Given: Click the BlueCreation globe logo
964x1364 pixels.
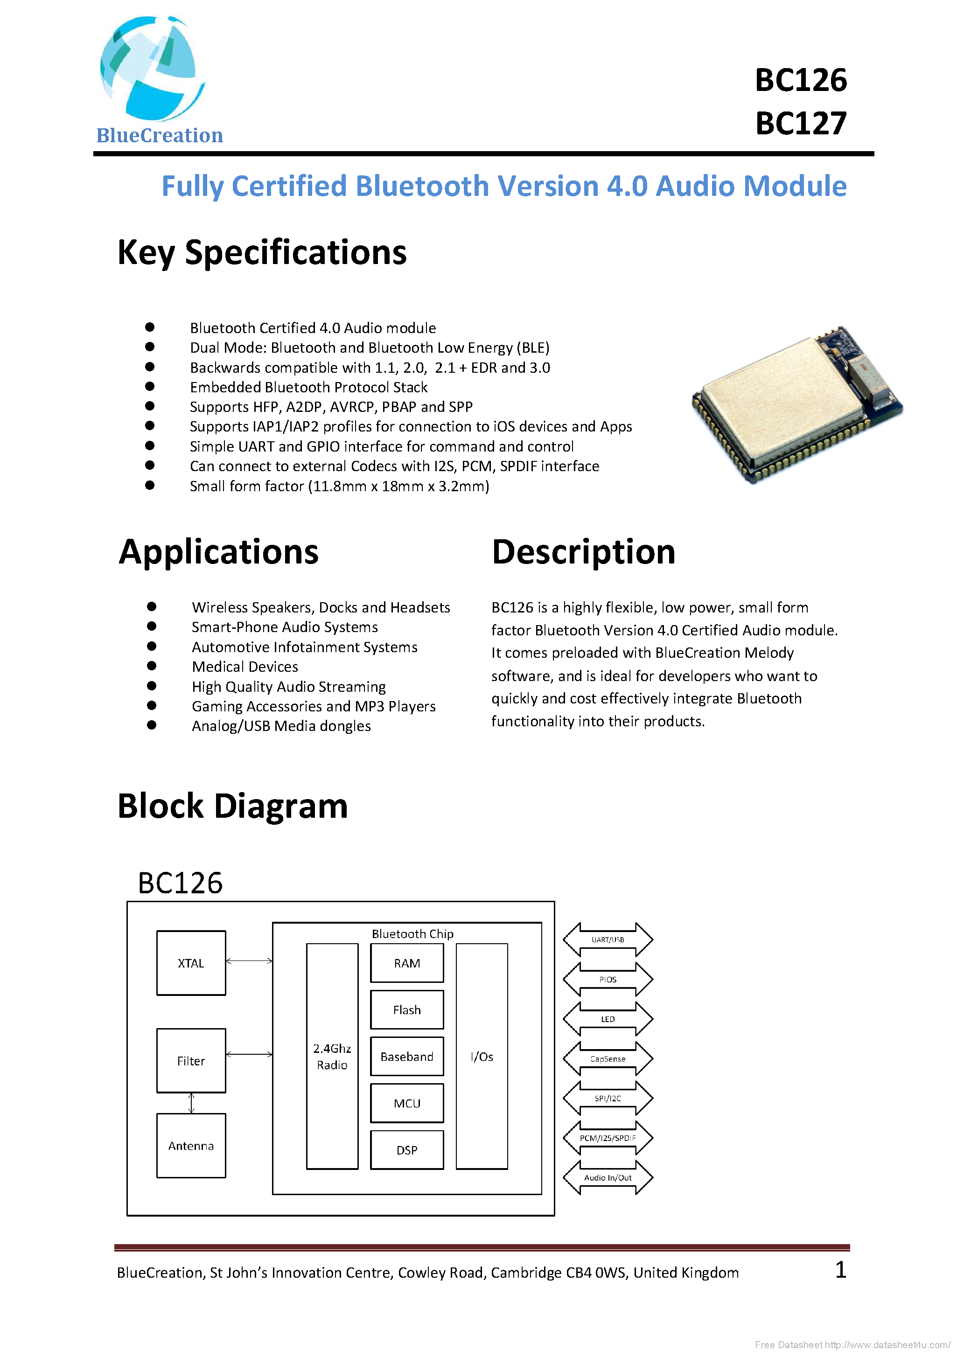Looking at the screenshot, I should pyautogui.click(x=152, y=68).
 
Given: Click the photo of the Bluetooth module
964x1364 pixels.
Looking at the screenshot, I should pyautogui.click(x=796, y=404).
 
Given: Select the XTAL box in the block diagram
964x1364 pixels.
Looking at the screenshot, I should pyautogui.click(x=191, y=963).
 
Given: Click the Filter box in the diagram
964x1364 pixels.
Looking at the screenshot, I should pyautogui.click(x=191, y=1060).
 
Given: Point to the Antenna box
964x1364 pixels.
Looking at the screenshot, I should pyautogui.click(x=191, y=1145).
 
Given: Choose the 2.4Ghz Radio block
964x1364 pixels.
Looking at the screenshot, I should pyautogui.click(x=332, y=1056).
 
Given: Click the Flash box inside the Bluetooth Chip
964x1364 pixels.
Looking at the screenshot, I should pyautogui.click(x=406, y=1010).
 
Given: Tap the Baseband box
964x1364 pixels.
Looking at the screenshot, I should pyautogui.click(x=406, y=1056).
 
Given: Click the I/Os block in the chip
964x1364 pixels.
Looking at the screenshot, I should pyautogui.click(x=482, y=1056).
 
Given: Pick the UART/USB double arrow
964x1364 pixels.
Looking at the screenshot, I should pyautogui.click(x=608, y=939).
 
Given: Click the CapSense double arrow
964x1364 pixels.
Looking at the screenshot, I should pyautogui.click(x=608, y=1058).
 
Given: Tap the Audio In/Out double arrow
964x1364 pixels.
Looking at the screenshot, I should pyautogui.click(x=608, y=1177).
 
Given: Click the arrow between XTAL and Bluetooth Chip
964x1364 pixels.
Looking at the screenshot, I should pyautogui.click(x=249, y=960).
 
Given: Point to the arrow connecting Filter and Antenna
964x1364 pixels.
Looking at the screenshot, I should pyautogui.click(x=191, y=1103).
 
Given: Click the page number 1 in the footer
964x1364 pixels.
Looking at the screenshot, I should pyautogui.click(x=840, y=1270).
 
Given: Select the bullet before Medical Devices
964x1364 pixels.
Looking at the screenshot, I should pyautogui.click(x=152, y=666).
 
